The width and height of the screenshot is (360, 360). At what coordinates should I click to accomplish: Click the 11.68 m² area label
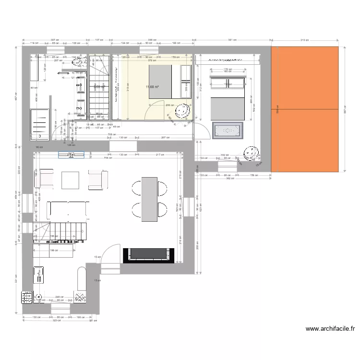[152, 87]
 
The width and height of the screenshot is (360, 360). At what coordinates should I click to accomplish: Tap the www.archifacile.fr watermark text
[330, 329]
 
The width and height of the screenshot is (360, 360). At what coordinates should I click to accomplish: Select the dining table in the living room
[149, 199]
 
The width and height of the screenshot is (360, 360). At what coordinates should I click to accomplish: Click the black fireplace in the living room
[148, 254]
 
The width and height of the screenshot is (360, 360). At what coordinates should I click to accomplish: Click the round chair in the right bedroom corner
[250, 153]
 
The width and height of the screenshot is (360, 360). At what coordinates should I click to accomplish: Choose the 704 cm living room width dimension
[108, 157]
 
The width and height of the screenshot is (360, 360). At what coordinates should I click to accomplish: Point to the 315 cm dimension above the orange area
[304, 40]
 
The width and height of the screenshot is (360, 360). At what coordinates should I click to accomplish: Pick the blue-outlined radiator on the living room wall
[72, 155]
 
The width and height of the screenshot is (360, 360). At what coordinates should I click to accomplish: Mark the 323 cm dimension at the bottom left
[57, 320]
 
